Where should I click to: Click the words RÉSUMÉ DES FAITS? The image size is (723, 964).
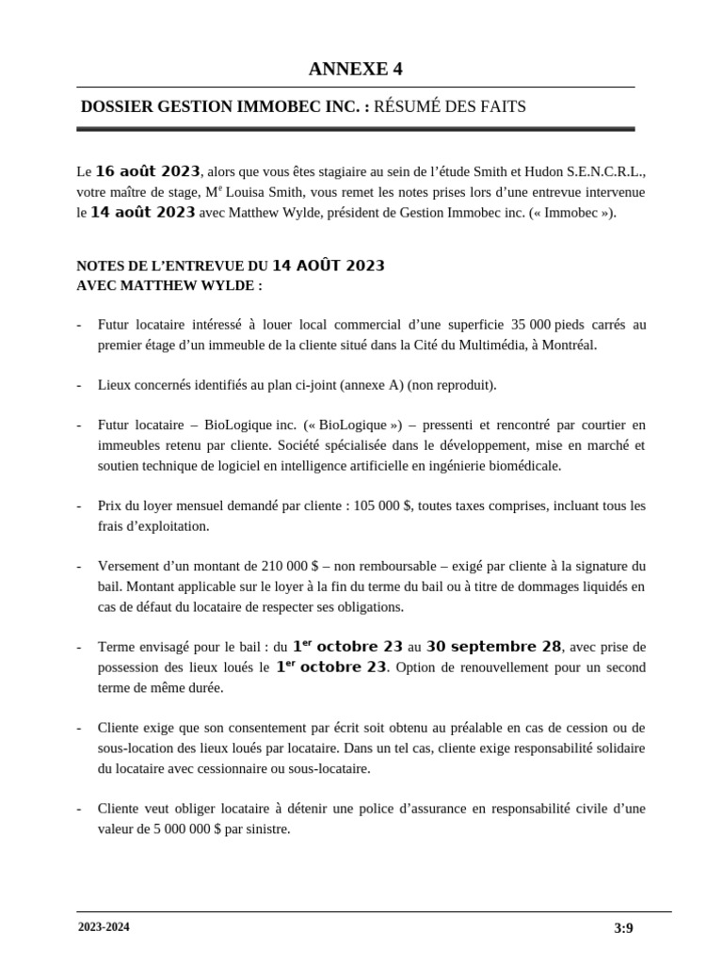click(450, 107)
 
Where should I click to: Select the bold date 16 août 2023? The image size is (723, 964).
click(148, 171)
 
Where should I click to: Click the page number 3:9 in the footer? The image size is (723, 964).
click(623, 928)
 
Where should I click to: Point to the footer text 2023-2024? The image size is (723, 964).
click(104, 927)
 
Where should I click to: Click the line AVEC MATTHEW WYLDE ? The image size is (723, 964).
click(169, 284)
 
